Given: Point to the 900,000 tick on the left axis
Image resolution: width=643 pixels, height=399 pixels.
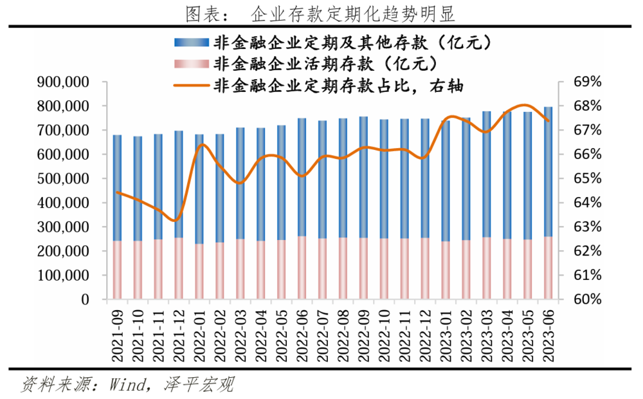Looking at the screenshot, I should click(x=62, y=82).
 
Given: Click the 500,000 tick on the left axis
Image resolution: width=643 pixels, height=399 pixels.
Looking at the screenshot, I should click(x=62, y=179).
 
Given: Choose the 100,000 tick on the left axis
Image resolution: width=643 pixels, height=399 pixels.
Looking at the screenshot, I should click(x=62, y=275).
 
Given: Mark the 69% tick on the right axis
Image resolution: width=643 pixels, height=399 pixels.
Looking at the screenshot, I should click(x=587, y=82).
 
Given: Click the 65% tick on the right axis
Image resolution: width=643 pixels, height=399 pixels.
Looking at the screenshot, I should click(x=587, y=179).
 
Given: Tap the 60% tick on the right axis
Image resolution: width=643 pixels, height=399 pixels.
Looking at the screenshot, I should click(x=587, y=300).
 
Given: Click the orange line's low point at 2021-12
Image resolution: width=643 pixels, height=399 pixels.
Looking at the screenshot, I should click(x=177, y=220).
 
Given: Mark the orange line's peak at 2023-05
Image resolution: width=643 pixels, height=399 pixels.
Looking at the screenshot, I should click(x=526, y=105).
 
